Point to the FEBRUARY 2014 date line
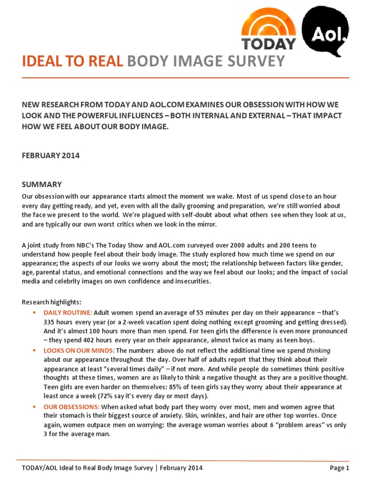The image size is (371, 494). [51, 156]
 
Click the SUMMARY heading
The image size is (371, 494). [42, 184]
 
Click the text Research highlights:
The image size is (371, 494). [51, 302]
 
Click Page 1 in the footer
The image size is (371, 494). [340, 467]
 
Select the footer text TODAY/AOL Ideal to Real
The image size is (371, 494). [69, 467]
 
